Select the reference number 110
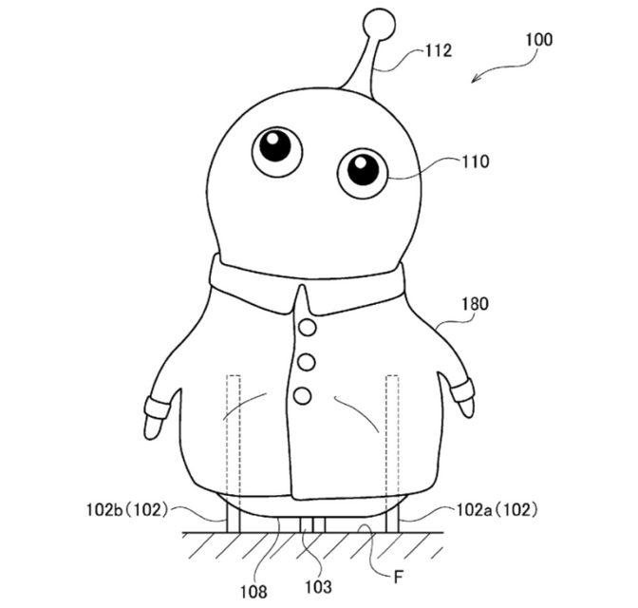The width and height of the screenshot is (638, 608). click(475, 161)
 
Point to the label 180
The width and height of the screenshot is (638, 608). click(474, 305)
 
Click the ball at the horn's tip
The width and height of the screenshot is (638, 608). click(380, 24)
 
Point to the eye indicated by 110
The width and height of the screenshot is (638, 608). click(362, 172)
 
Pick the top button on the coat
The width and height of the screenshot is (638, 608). click(307, 328)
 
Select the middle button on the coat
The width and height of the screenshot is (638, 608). click(305, 362)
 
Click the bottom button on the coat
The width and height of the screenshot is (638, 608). click(302, 395)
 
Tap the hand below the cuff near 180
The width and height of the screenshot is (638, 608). click(465, 407)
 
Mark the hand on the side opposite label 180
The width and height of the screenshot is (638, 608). click(152, 425)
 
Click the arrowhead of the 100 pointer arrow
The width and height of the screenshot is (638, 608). click(475, 81)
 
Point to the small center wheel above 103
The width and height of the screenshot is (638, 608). click(311, 523)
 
